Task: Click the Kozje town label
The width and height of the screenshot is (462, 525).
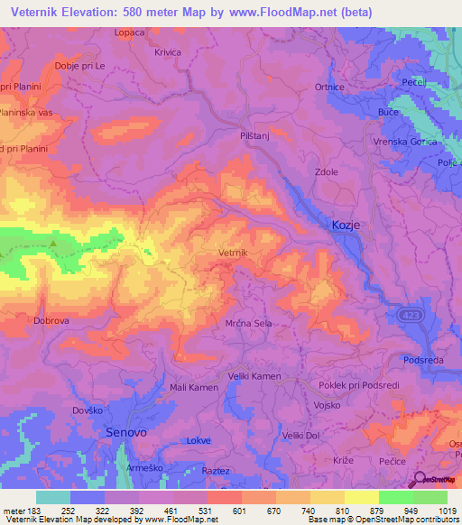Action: [x=351, y=226]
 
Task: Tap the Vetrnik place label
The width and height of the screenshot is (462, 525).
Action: [x=237, y=254]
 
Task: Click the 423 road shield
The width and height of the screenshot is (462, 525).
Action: [x=410, y=313]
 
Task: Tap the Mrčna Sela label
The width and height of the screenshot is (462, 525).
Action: [x=248, y=321]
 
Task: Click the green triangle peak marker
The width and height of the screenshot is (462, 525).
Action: [x=53, y=243]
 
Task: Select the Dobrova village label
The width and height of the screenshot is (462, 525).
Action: [x=51, y=320]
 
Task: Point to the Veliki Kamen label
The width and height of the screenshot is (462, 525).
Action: [x=254, y=376]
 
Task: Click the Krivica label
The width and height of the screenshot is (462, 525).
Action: [x=168, y=53]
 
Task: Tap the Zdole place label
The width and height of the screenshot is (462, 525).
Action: [x=326, y=171]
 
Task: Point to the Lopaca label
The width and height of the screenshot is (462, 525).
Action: [x=130, y=32]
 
